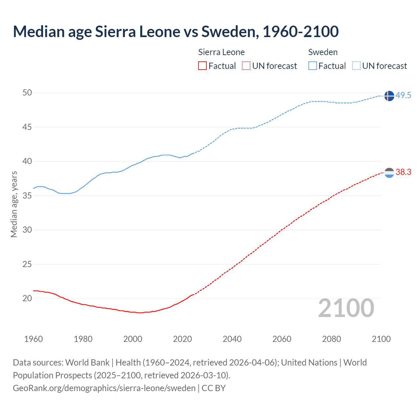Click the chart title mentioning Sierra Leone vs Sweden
coord(176,32)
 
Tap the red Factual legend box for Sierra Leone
coord(202,66)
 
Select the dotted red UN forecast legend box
coord(246,66)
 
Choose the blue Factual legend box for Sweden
coord(312,66)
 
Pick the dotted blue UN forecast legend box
coord(356,66)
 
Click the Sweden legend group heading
coord(323,52)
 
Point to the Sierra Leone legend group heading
coord(221,52)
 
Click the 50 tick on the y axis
coord(27,93)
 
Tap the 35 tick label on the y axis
coord(27,196)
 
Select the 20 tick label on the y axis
coord(27,298)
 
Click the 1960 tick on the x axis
coord(33,339)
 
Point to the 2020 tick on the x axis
coord(182,339)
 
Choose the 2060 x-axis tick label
coord(282,339)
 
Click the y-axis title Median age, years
coord(14,204)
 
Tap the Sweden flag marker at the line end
coord(389,96)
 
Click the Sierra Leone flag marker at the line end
coord(389,173)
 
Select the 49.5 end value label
coord(403,95)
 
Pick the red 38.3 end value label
coord(403,172)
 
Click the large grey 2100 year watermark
coord(346,308)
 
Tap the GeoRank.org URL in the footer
coord(104,388)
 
